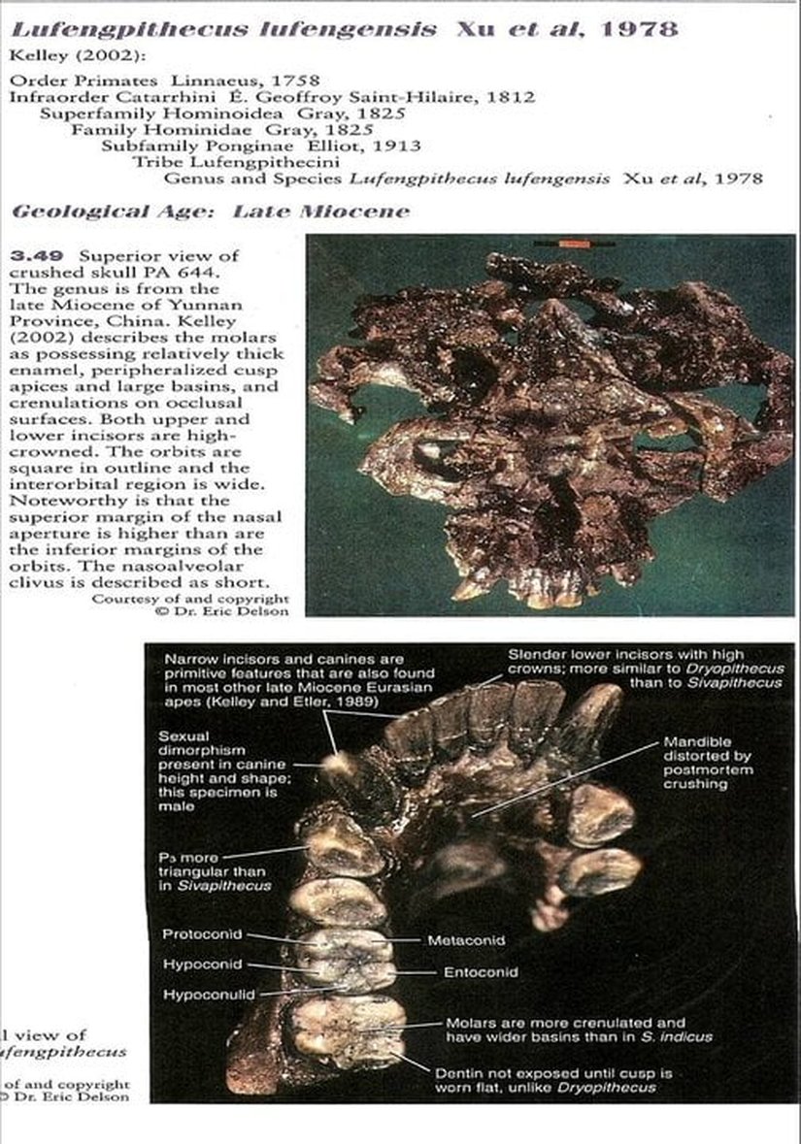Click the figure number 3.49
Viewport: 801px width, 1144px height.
point(29,256)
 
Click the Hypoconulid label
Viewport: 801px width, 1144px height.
point(208,995)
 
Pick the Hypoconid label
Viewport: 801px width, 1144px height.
point(202,964)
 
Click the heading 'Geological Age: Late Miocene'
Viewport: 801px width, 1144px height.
point(210,212)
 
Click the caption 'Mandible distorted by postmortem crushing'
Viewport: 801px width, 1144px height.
point(709,763)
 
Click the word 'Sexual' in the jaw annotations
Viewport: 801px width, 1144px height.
point(183,736)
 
